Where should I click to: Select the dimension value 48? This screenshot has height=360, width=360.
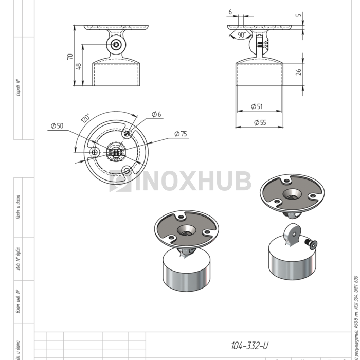[x=78, y=66]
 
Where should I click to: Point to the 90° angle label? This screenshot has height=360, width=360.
[x=242, y=34]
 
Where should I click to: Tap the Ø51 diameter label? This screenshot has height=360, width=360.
[x=257, y=106]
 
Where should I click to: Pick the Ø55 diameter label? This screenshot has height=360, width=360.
[x=259, y=122]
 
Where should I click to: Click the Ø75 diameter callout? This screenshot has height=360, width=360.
[x=181, y=134]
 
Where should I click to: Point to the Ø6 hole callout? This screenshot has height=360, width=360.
[x=156, y=114]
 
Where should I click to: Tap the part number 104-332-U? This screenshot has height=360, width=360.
[x=249, y=346]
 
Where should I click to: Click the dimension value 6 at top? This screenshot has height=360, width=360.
[x=230, y=11]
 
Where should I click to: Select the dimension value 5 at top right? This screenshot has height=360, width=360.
[x=299, y=15]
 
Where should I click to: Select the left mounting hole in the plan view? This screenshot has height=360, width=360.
[x=94, y=153]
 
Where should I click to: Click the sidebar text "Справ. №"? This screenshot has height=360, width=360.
[x=19, y=87]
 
